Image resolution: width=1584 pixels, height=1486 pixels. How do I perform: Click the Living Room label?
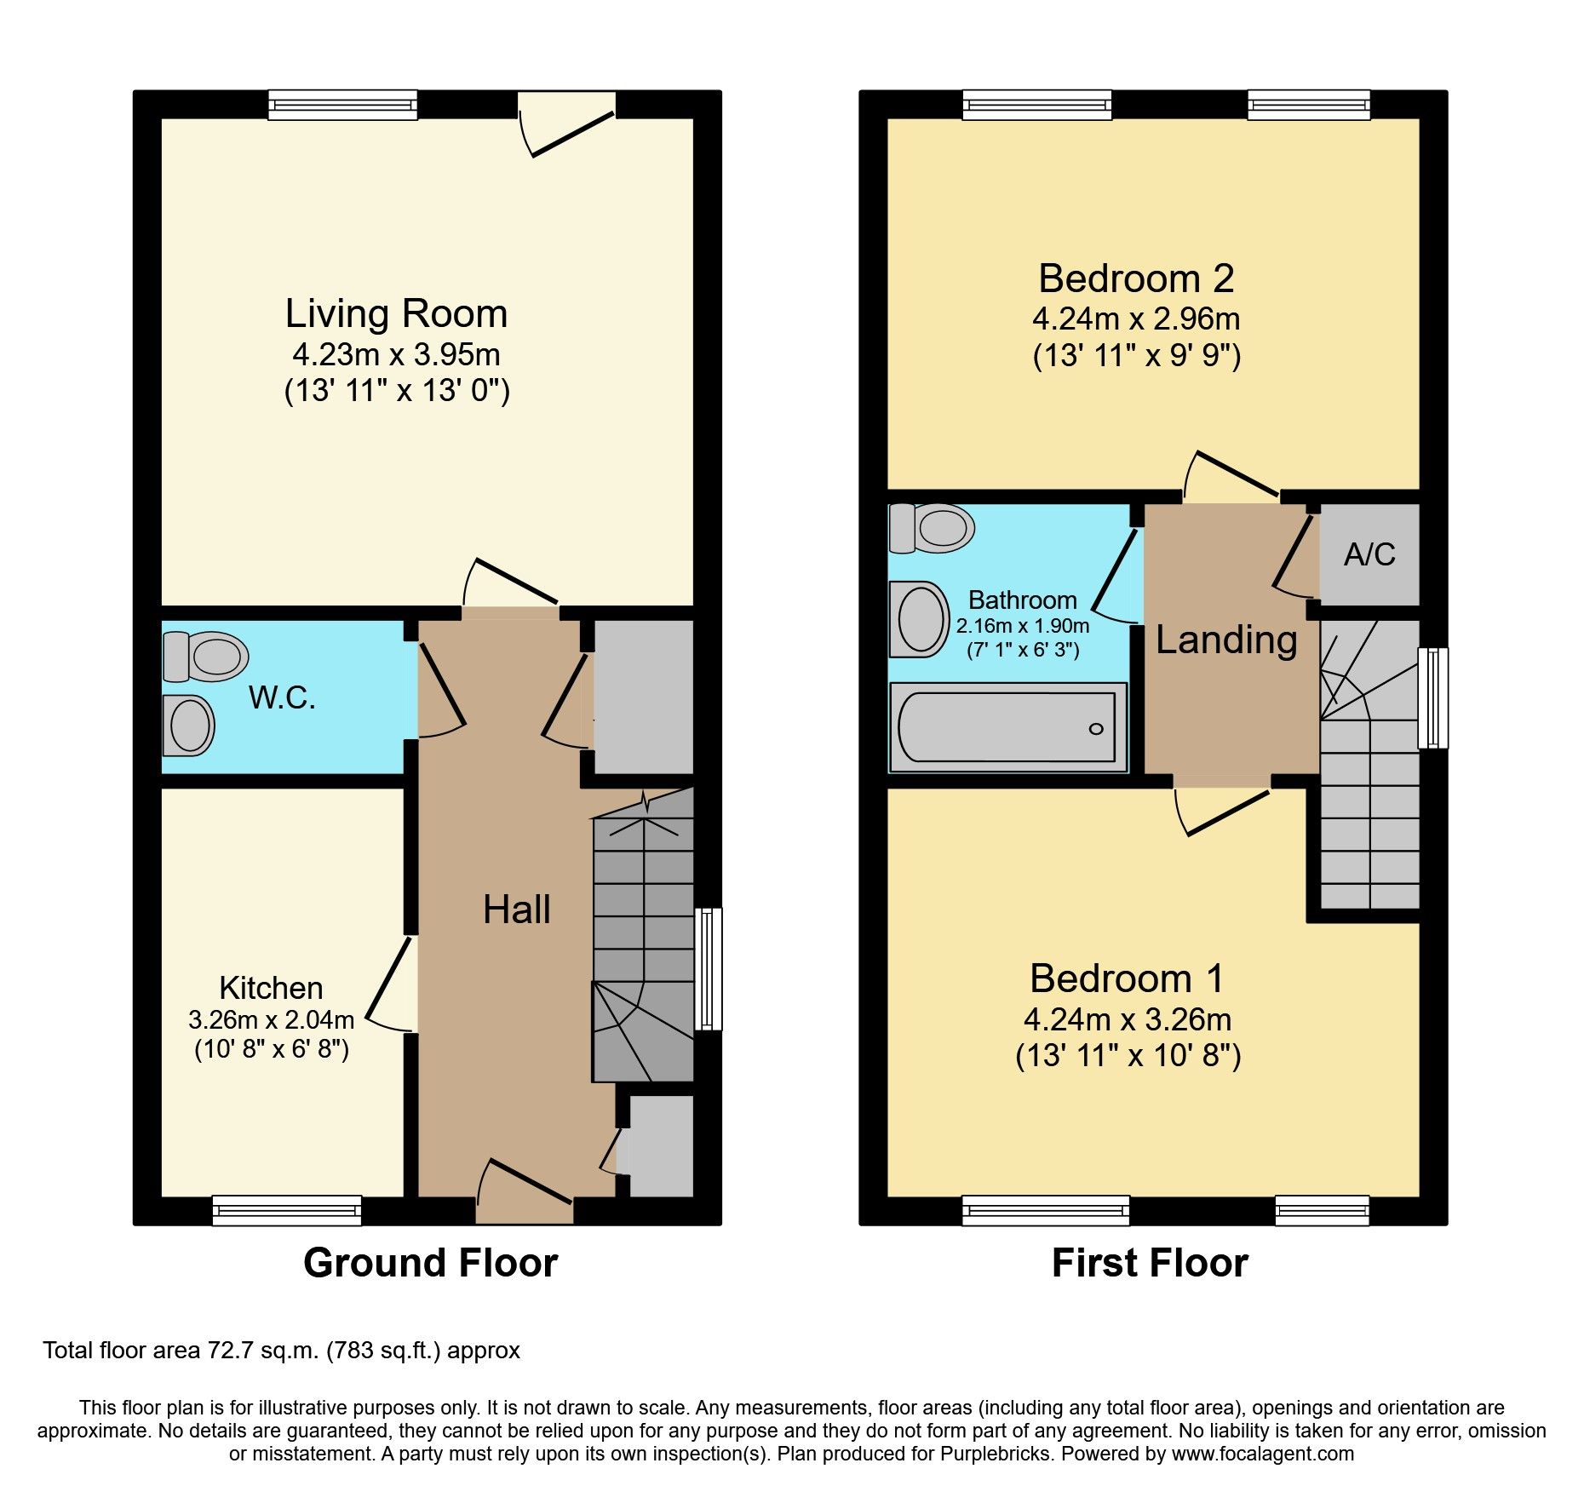point(396,314)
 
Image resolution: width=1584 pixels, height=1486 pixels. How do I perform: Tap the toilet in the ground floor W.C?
point(207,657)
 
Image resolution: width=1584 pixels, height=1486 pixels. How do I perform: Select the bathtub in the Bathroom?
point(1007,727)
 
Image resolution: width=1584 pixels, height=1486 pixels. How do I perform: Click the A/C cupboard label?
point(1369,555)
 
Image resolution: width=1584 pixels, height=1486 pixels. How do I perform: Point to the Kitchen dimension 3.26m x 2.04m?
point(271,1019)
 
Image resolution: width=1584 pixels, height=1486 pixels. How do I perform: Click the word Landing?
point(1225,640)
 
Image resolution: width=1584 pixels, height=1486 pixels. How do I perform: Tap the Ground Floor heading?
point(430,1263)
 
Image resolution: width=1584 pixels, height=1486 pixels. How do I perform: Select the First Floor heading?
point(1150,1263)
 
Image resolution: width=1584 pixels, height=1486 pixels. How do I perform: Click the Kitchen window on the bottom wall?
point(287,1210)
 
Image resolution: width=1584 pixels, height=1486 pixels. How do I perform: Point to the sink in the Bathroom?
point(919,619)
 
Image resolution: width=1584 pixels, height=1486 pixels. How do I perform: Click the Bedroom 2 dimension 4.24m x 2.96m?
point(1136,319)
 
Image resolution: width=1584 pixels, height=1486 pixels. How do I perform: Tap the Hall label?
point(516,909)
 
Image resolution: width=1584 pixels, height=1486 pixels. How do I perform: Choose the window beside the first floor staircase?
point(1432,698)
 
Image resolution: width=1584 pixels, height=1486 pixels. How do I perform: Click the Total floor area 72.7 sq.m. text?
point(281,1351)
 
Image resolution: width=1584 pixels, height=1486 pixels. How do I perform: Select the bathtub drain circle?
point(1096,728)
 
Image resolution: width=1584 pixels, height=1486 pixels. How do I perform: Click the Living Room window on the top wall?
point(342,105)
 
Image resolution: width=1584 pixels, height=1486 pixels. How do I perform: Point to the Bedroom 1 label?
point(1126,978)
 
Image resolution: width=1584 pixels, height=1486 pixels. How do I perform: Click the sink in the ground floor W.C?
point(189,726)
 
